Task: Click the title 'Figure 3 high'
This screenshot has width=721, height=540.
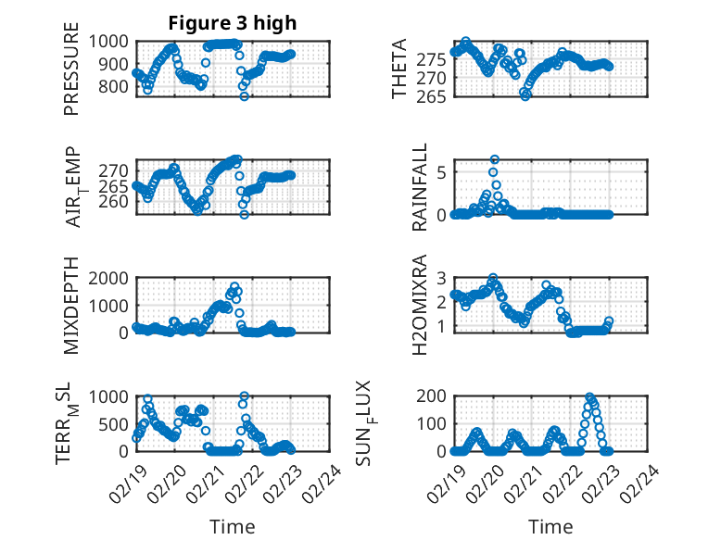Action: [x=233, y=23]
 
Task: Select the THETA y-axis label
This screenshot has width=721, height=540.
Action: [x=399, y=69]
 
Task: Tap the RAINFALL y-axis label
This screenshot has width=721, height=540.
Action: [x=420, y=187]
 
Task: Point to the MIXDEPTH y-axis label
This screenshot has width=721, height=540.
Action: [x=71, y=306]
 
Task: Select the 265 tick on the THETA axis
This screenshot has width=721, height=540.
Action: [x=435, y=94]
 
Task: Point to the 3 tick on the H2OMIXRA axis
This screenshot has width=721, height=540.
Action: [x=442, y=278]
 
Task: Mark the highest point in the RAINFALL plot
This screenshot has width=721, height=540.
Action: [x=495, y=160]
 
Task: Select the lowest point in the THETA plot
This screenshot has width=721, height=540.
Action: [x=525, y=95]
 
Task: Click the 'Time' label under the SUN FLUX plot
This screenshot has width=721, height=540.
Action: [x=550, y=527]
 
